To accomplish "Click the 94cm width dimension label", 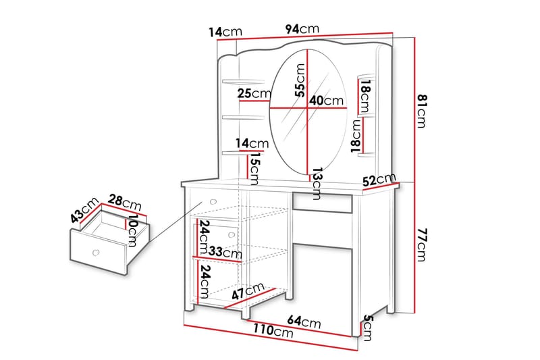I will tap(302, 29).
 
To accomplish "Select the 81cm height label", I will tap(423, 109).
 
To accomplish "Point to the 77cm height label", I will tap(423, 245).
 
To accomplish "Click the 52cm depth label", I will tap(379, 180).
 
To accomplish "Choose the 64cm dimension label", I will tap(306, 323).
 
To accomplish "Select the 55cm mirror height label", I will tap(300, 82).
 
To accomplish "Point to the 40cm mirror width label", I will tap(326, 101).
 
